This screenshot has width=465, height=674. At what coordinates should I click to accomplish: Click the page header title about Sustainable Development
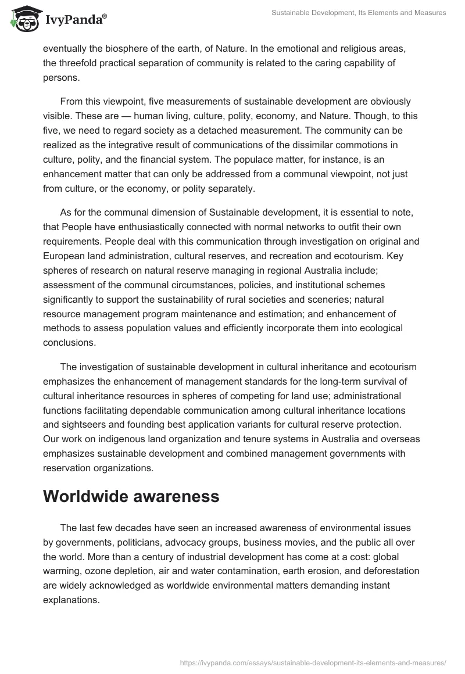point(359,13)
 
